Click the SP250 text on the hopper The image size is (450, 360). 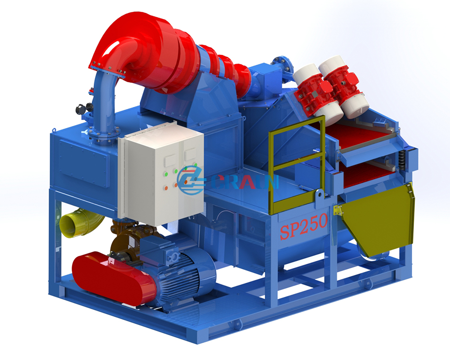[x=304, y=226]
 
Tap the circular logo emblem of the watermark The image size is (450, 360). [x=190, y=180]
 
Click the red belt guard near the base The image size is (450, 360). [x=113, y=277]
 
